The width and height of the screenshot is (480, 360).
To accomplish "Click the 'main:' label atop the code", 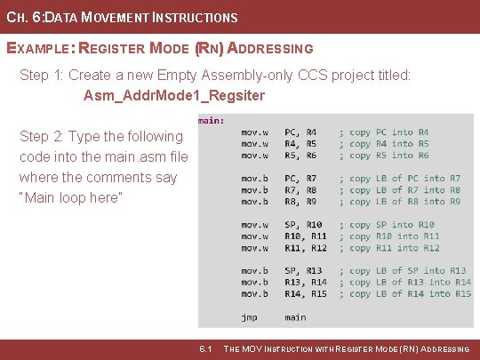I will pyautogui.click(x=211, y=119).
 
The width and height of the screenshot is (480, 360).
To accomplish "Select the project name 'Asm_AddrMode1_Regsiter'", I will pyautogui.click(x=174, y=95).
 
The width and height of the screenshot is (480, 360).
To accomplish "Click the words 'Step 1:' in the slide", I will pyautogui.click(x=42, y=76).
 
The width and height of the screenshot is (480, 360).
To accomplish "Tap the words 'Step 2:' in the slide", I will pyautogui.click(x=42, y=136).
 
